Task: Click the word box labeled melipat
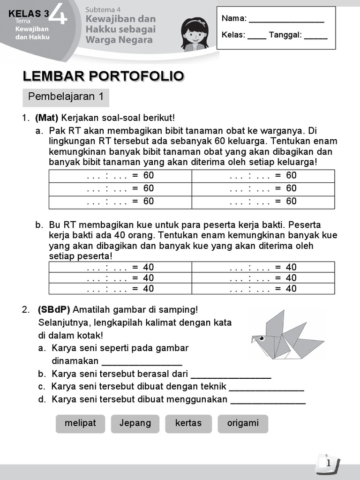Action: point(80,423)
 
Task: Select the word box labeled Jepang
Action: point(135,423)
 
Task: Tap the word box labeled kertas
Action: point(188,423)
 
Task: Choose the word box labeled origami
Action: point(243,423)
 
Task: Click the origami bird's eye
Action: point(262,337)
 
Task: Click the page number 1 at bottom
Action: point(329,463)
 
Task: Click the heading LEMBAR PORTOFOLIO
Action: point(103,76)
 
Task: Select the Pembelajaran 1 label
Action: point(66,97)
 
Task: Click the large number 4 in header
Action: point(60,13)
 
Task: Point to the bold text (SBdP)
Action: point(54,310)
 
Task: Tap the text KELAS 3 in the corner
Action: point(28,14)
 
